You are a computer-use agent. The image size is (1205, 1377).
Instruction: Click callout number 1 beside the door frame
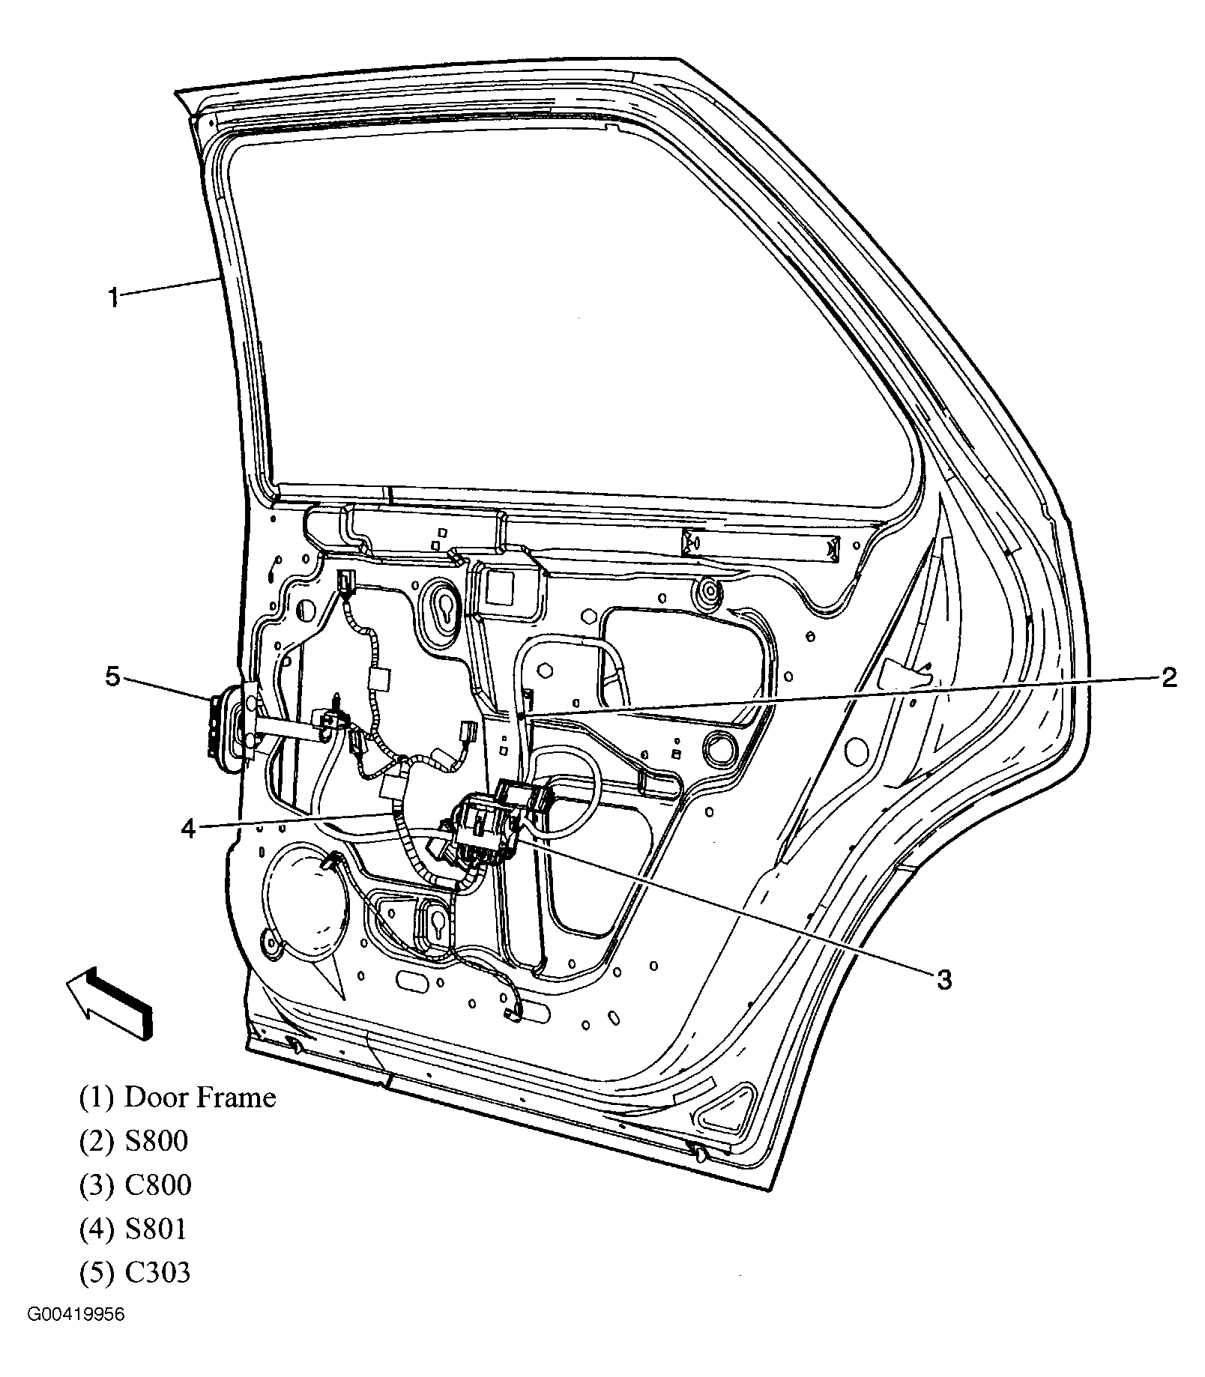tap(112, 299)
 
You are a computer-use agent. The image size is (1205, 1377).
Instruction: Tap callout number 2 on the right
tap(1168, 678)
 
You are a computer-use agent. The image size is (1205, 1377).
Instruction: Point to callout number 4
tap(188, 828)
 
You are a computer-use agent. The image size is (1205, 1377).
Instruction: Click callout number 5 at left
tap(112, 678)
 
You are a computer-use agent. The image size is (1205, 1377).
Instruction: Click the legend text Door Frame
tap(199, 1098)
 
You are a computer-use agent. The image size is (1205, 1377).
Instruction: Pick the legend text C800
tap(157, 1184)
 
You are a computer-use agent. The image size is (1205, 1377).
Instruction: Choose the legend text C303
tap(157, 1272)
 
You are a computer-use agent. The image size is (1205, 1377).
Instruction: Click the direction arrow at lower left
tap(109, 1000)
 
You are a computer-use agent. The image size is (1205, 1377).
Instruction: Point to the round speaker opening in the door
tap(303, 903)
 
